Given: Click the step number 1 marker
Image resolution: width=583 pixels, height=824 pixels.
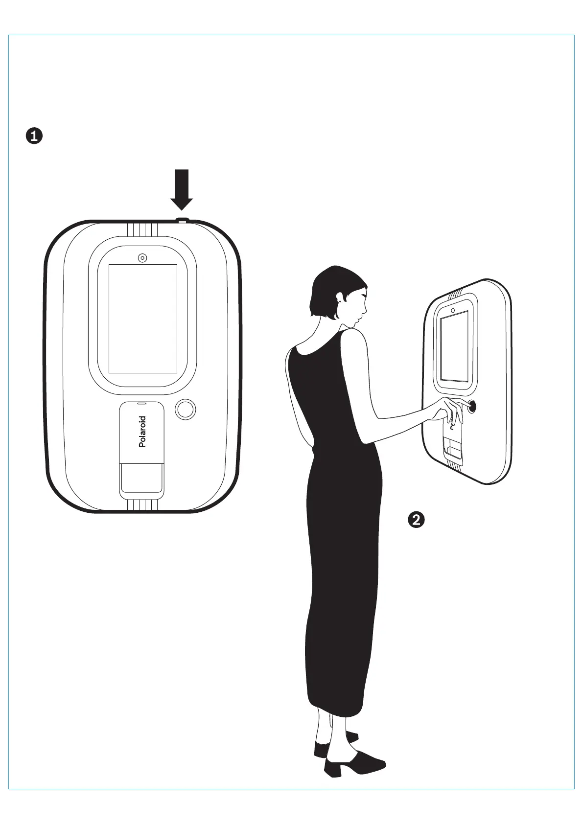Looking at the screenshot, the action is [x=34, y=136].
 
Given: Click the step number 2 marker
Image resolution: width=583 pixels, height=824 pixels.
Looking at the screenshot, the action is [x=416, y=519].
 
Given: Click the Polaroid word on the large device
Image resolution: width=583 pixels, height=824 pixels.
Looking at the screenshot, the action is [x=142, y=431].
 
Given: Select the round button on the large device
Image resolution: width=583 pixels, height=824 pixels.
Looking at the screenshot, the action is [x=185, y=409].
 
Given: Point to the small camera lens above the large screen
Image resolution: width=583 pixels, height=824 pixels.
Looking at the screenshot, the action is [x=142, y=257].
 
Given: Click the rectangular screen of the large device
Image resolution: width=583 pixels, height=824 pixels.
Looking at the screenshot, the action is [x=142, y=319].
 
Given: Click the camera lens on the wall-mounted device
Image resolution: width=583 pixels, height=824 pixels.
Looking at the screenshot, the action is [x=453, y=310].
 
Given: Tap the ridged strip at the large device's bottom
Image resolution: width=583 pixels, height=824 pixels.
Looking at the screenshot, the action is [x=141, y=505].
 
